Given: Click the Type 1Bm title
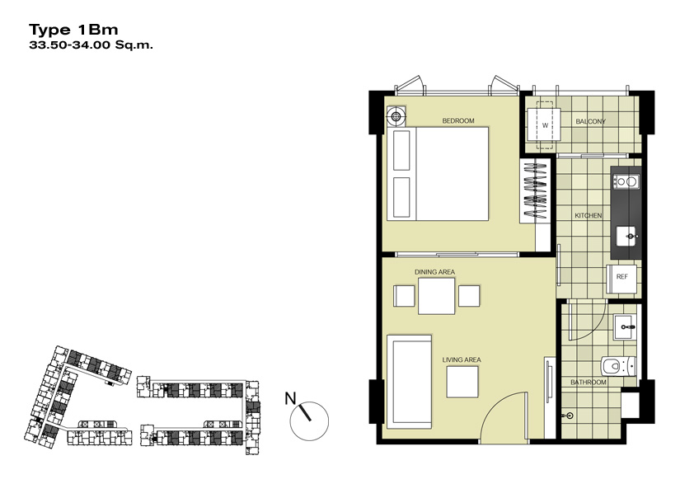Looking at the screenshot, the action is [x=73, y=30].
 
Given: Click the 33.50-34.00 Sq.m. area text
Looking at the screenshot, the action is [x=91, y=45].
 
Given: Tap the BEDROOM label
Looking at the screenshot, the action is [x=458, y=120].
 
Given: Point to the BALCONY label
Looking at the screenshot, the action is [x=590, y=121].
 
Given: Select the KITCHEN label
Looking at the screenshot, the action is [x=588, y=215].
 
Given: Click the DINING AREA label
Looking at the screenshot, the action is [x=434, y=272].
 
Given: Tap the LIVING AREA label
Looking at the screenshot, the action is [x=462, y=359].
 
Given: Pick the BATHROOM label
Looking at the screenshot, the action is [x=588, y=383].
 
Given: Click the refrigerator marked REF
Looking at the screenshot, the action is [x=621, y=277].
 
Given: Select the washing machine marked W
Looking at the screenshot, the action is [x=544, y=125].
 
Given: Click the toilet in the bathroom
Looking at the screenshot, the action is [x=618, y=366].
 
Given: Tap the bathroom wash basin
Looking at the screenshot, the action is [x=625, y=327].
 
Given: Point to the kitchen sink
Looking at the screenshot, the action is [x=626, y=237].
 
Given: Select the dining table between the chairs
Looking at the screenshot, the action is [x=436, y=296].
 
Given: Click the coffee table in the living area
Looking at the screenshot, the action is [x=462, y=382].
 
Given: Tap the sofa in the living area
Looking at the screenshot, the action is [x=409, y=381].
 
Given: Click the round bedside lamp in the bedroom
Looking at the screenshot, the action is [x=396, y=116].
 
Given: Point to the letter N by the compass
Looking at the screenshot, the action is [x=290, y=398].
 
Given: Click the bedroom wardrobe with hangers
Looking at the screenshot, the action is [x=535, y=191].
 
